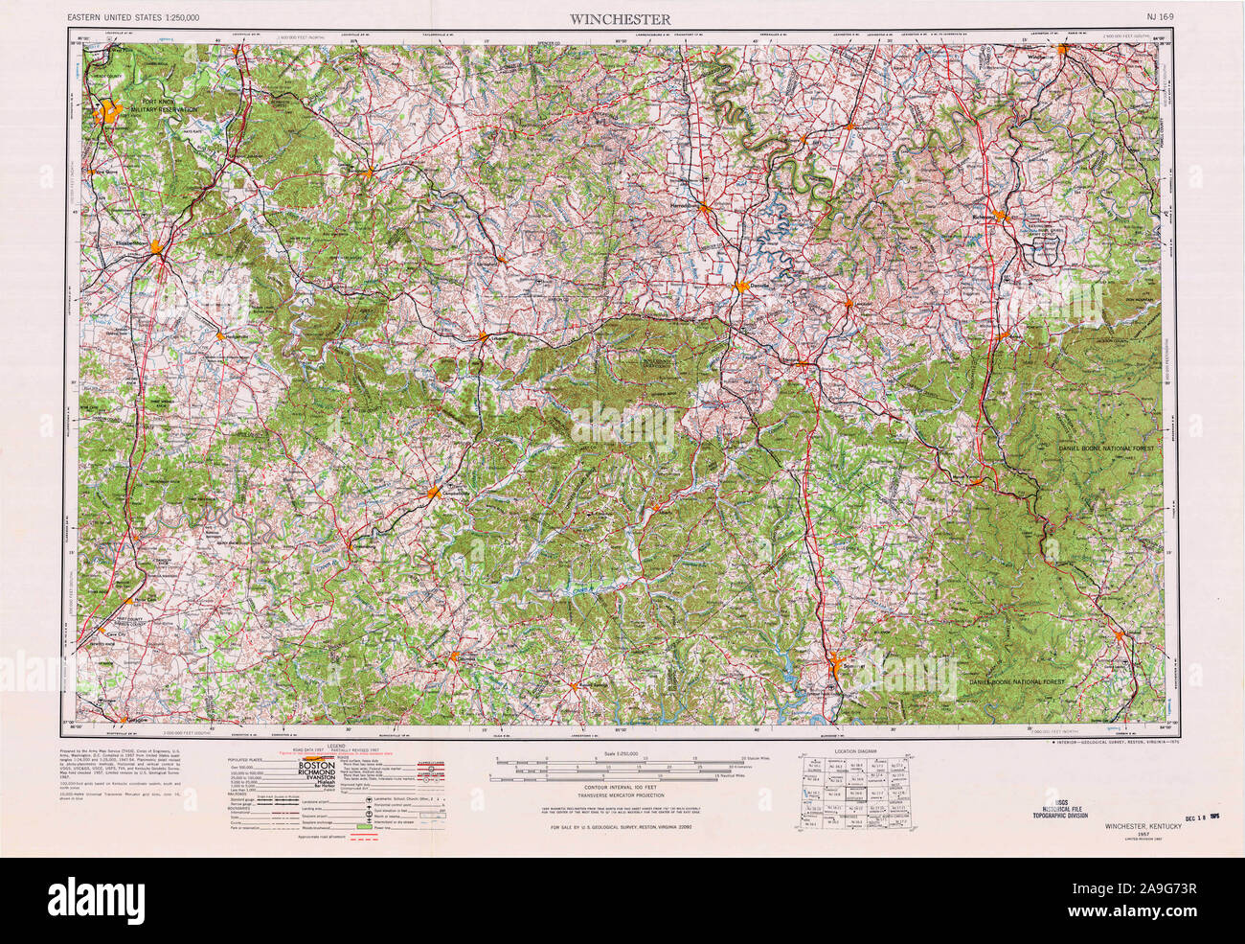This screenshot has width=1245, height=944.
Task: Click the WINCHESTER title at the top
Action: tap(621, 18)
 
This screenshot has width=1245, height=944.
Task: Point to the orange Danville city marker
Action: tap(742, 286)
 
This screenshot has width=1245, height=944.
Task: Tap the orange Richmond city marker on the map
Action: tap(1002, 216)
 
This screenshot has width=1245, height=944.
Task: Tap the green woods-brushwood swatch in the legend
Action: tap(363, 825)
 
